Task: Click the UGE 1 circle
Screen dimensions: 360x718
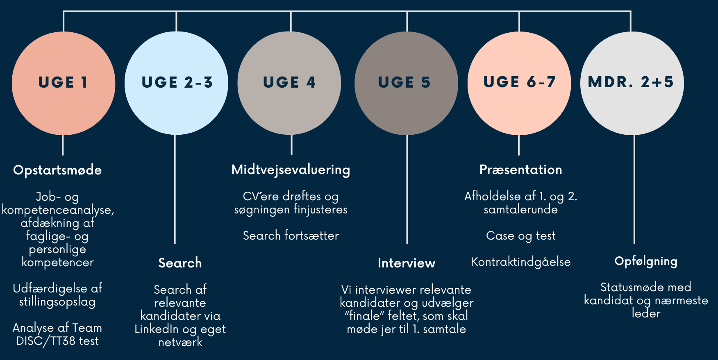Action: pos(63,83)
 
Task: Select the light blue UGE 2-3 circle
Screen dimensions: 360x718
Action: pos(176,83)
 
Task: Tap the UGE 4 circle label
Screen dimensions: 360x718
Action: pos(289,82)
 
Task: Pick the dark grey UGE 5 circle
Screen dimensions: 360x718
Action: pos(406,83)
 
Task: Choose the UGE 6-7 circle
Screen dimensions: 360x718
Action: pos(519,83)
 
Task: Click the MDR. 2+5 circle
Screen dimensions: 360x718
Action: pos(632,83)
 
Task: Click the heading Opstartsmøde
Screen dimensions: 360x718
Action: pos(57,170)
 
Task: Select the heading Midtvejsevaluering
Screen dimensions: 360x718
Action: pos(291,170)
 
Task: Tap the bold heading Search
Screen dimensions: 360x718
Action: pos(180,263)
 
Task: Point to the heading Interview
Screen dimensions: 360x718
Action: pos(406,263)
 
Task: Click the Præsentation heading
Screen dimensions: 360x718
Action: pos(520,170)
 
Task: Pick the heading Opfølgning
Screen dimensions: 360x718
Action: pos(645,261)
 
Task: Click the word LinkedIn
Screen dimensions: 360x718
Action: pos(157,329)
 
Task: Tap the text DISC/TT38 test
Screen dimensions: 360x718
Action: pos(57,341)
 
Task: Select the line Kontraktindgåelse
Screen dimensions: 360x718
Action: pos(520,262)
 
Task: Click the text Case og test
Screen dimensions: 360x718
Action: pos(520,236)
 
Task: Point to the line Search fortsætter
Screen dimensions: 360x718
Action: pos(291,236)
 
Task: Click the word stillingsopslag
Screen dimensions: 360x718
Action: pos(57,302)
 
